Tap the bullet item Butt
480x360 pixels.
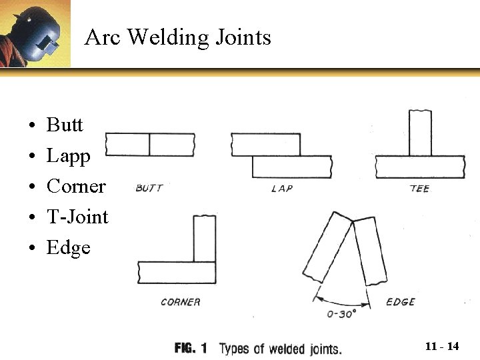click(x=65, y=125)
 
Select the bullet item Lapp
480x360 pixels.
click(x=68, y=156)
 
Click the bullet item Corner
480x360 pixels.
click(x=76, y=186)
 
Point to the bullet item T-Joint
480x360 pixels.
click(x=77, y=217)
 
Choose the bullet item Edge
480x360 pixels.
click(x=68, y=247)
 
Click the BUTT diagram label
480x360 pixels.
click(x=149, y=188)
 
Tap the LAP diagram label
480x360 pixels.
click(x=282, y=189)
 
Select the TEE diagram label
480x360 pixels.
click(x=419, y=189)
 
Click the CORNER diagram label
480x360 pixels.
click(x=181, y=302)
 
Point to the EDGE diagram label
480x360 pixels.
click(x=401, y=302)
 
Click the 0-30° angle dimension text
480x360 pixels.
click(x=341, y=313)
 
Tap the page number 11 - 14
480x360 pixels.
click(x=442, y=346)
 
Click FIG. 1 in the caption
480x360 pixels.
click(x=191, y=348)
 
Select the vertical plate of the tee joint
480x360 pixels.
click(x=420, y=133)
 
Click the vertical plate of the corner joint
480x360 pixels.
click(x=205, y=239)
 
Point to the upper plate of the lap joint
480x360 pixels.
click(x=265, y=145)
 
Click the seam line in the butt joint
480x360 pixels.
click(x=149, y=145)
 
